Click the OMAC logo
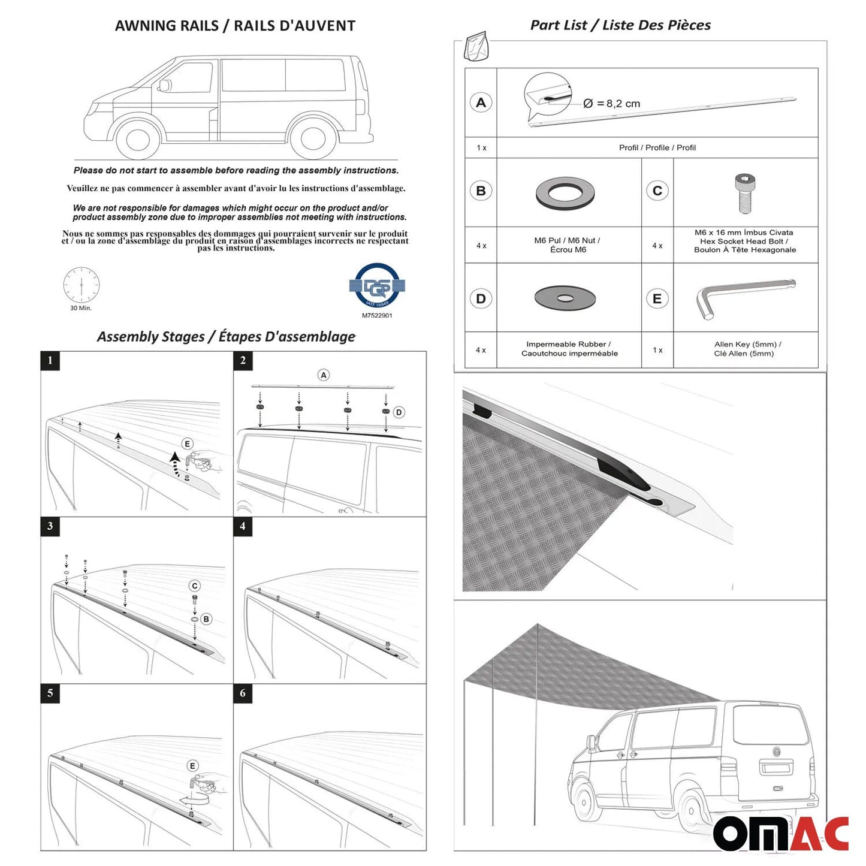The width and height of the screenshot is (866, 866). [780, 833]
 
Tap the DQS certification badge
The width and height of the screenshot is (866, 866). [377, 286]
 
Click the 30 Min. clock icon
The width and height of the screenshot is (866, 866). [82, 285]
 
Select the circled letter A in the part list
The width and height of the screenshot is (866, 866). [481, 102]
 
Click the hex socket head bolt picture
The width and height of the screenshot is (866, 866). [745, 193]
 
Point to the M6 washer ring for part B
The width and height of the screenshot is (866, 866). [565, 193]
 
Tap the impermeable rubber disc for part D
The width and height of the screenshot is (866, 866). [565, 298]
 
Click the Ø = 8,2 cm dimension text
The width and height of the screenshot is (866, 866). [611, 104]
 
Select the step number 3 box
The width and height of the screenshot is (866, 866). [50, 526]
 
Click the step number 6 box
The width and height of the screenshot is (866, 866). [243, 693]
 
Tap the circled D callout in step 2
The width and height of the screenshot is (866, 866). [399, 412]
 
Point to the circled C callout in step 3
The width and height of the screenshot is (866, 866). [195, 586]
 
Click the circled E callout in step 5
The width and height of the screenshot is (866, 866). [192, 766]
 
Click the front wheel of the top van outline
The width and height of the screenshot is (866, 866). [138, 137]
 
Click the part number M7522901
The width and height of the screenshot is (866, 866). [377, 316]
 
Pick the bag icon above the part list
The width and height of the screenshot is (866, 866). [476, 46]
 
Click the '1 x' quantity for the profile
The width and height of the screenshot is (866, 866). [481, 148]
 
